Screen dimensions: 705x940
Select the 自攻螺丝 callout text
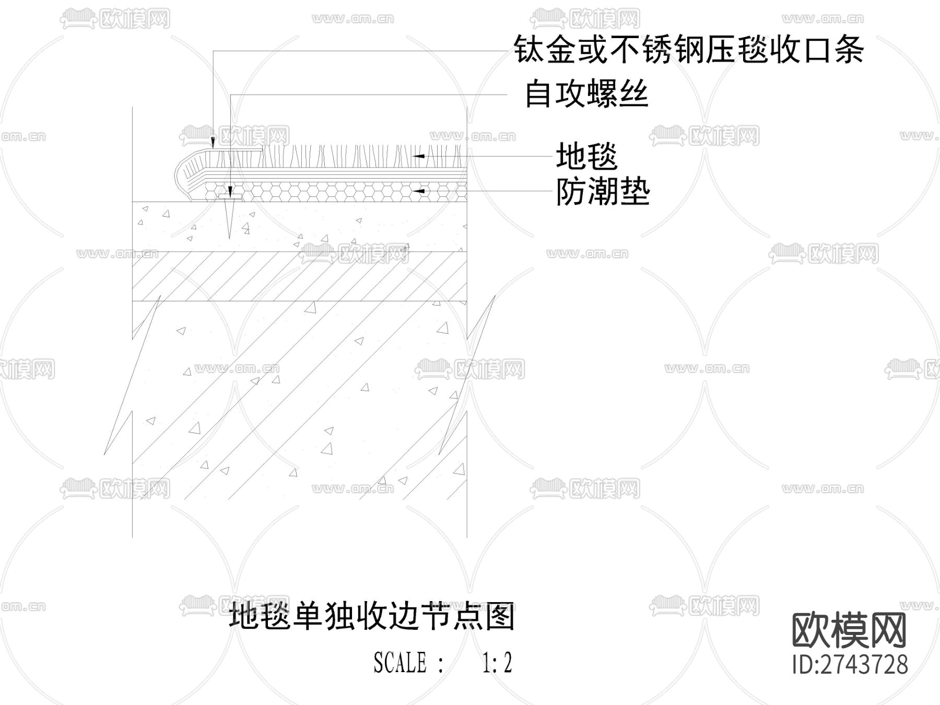click(586, 95)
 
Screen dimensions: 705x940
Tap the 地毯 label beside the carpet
click(586, 156)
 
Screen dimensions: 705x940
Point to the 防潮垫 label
click(603, 192)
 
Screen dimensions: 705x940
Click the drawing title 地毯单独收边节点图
click(372, 617)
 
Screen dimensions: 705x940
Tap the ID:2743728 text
click(850, 665)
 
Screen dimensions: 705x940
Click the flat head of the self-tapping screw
click(230, 197)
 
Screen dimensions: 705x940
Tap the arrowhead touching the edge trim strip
click(213, 142)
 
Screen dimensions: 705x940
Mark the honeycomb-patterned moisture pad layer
click(334, 192)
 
